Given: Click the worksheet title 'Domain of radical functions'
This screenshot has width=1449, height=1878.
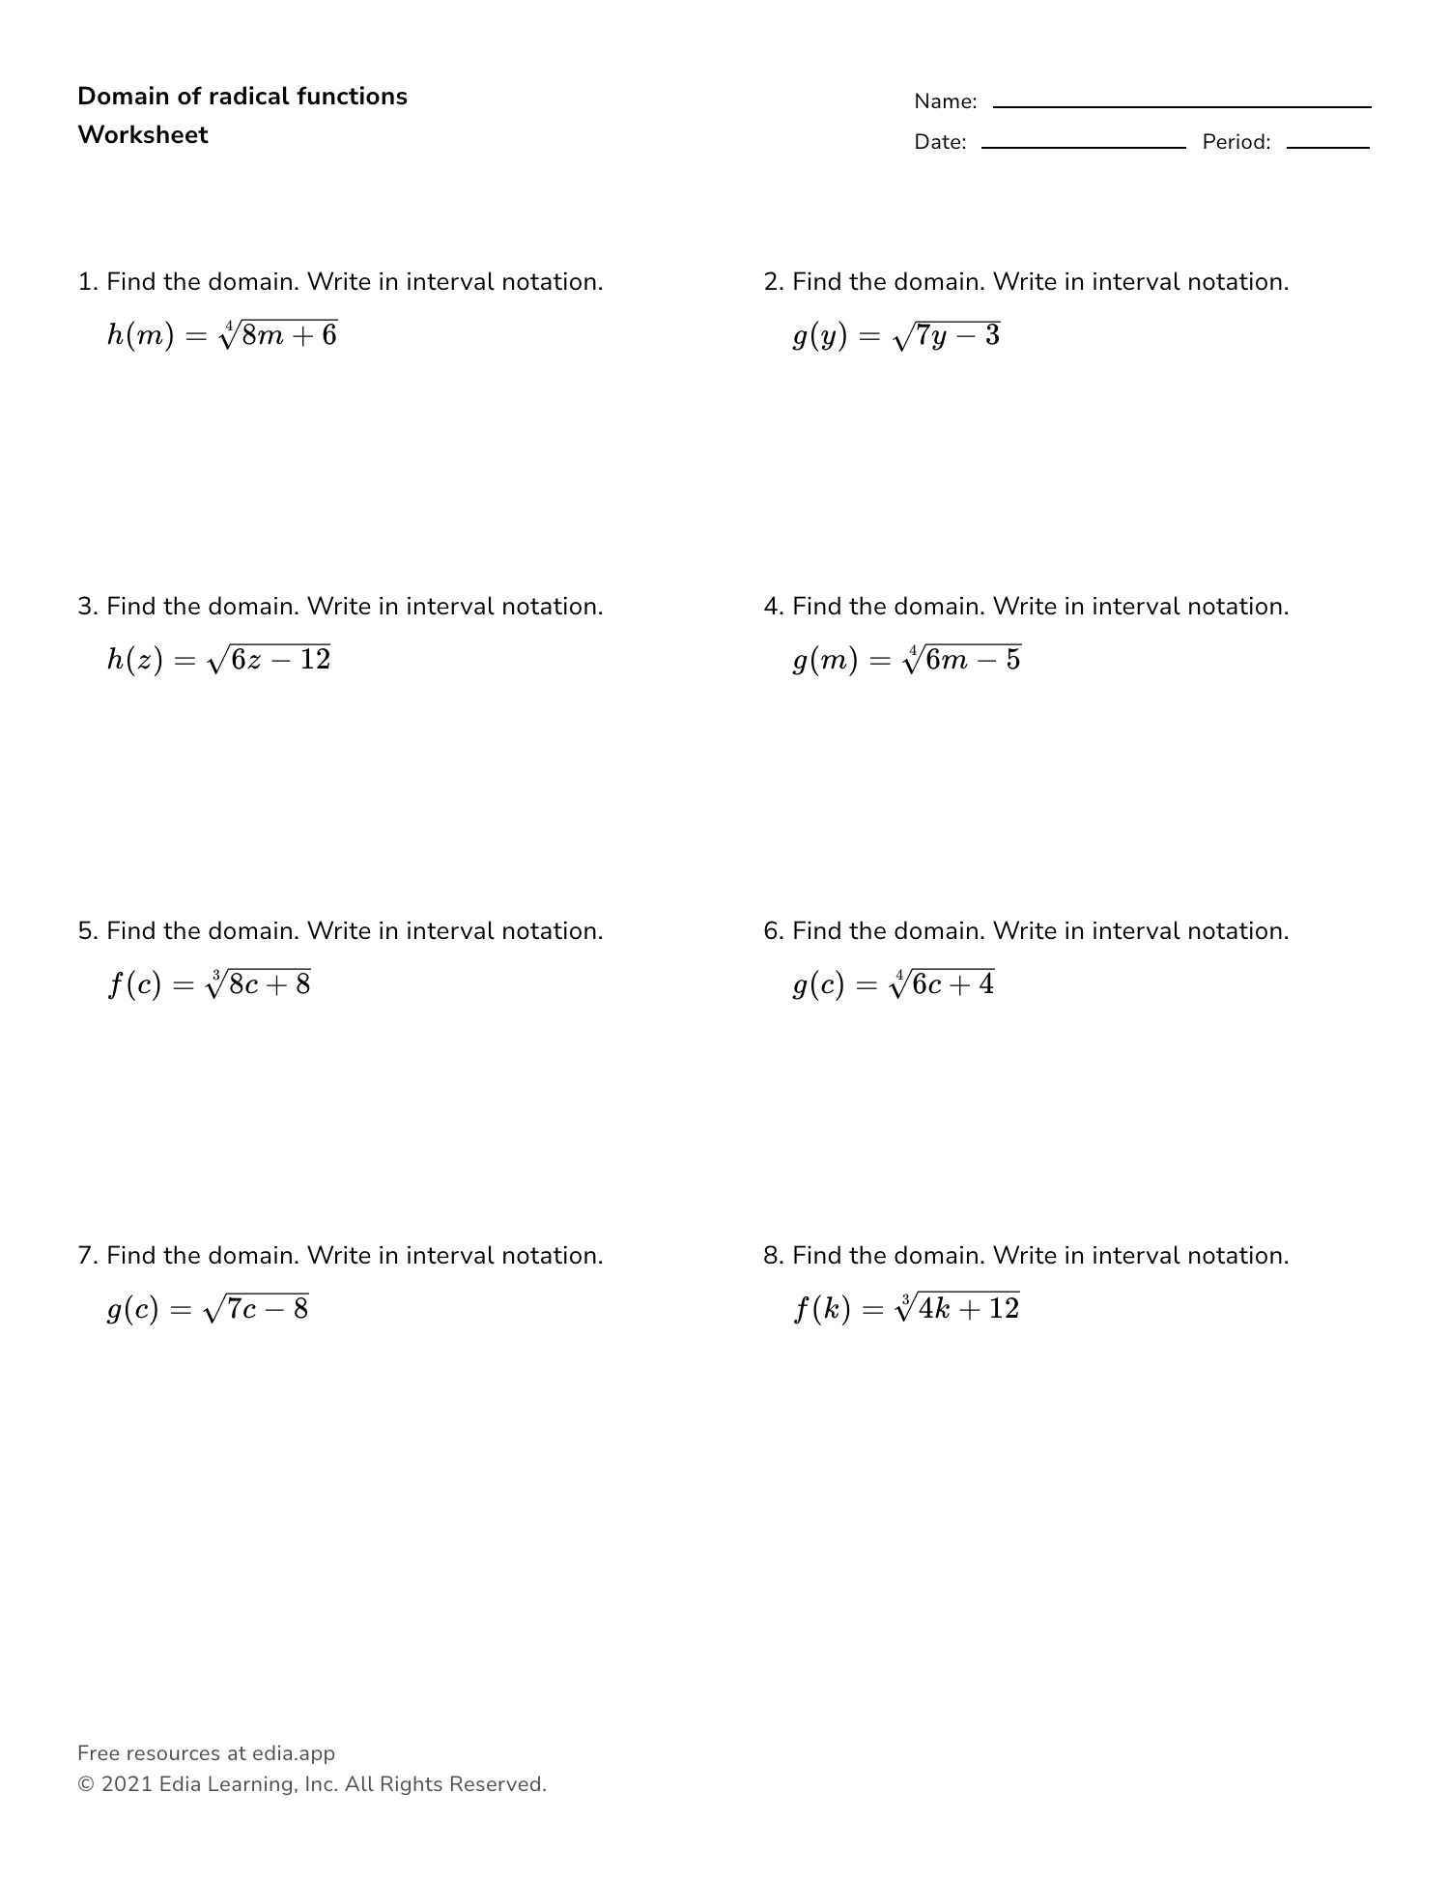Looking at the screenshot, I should click(242, 97).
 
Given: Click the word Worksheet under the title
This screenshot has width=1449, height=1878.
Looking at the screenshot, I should click(143, 135).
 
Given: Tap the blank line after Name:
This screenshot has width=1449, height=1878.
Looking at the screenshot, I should click(1181, 105).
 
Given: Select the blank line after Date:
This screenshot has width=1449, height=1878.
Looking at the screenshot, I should click(1083, 146).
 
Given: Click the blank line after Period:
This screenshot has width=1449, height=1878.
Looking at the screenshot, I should click(1327, 146).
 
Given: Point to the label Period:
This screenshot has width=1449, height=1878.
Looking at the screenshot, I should click(1236, 142).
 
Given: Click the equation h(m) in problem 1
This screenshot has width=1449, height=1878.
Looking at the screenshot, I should click(222, 335).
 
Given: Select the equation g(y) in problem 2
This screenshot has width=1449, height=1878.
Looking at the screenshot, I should click(896, 335).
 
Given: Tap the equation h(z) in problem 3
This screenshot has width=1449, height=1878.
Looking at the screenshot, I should click(218, 660).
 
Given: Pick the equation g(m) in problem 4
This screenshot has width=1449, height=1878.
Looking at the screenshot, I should click(907, 660).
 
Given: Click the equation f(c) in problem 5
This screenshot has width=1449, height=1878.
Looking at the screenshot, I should click(209, 984).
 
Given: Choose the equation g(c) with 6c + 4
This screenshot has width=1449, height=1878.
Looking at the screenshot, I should click(894, 984).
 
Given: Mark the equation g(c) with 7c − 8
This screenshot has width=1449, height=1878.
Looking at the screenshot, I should click(208, 1309).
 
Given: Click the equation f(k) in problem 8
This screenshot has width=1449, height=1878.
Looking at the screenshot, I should click(906, 1309).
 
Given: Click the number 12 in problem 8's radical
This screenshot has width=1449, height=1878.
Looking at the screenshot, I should click(1004, 1308).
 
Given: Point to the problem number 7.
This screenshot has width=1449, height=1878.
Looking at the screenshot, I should click(86, 1256).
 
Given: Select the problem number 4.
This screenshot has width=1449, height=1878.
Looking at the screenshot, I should click(771, 607).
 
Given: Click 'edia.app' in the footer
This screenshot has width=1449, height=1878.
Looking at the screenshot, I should click(294, 1753).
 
